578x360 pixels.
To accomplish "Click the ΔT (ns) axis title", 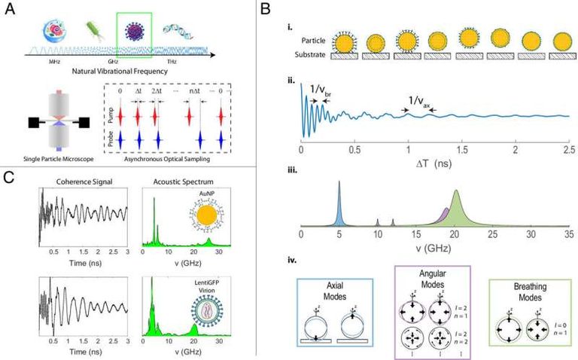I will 433,160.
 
